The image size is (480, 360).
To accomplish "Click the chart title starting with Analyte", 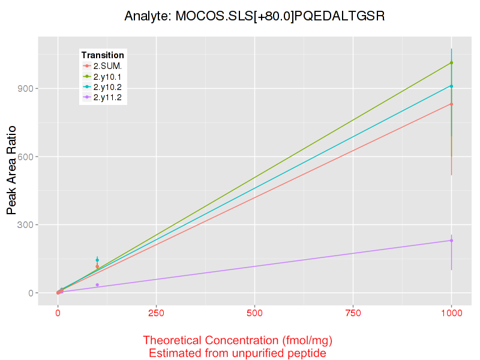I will (254, 16).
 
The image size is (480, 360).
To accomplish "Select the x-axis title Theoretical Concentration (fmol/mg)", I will (238, 341).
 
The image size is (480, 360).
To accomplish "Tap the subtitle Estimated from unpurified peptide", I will (238, 353).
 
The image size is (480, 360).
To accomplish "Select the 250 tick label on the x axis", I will (156, 313).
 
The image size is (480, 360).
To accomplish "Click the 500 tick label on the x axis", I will (254, 313).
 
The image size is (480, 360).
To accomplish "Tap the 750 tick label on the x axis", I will (353, 313).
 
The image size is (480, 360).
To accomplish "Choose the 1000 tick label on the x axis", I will (451, 313).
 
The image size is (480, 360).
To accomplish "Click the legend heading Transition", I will (103, 55).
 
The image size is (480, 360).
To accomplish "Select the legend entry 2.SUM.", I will (107, 66).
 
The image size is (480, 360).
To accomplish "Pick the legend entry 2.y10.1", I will (107, 76).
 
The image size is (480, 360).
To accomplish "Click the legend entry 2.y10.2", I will (107, 86).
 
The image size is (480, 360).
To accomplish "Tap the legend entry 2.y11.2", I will (107, 97).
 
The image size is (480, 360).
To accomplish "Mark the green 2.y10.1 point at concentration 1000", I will (451, 62).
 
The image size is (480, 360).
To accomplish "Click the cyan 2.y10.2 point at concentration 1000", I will (451, 86).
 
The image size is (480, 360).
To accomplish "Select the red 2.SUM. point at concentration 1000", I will (451, 104).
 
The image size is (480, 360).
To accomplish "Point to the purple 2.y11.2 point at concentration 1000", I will (451, 241).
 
